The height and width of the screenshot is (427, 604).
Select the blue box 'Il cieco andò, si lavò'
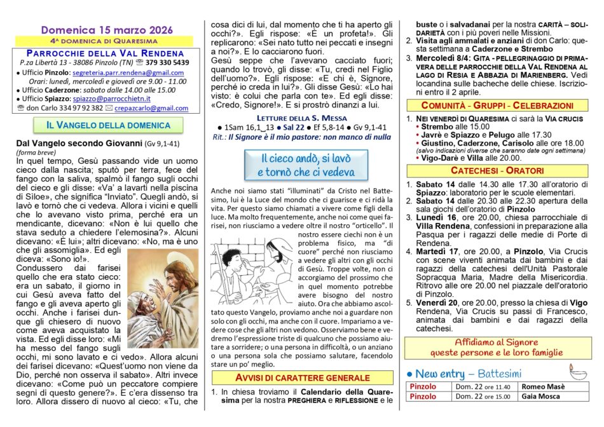pos(306,165)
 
